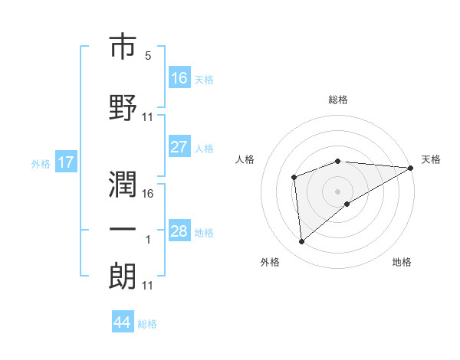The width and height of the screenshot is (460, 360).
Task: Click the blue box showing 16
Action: pyautogui.click(x=179, y=77)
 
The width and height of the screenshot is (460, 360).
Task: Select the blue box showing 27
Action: pyautogui.click(x=179, y=147)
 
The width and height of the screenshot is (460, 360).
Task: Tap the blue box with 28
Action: pyautogui.click(x=179, y=231)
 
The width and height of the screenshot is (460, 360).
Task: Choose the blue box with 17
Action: pyautogui.click(x=65, y=162)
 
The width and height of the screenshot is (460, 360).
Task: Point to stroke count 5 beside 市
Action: pyautogui.click(x=148, y=56)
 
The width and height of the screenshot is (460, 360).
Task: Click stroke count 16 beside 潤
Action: pyautogui.click(x=148, y=193)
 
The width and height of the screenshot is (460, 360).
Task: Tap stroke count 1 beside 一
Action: pyautogui.click(x=148, y=240)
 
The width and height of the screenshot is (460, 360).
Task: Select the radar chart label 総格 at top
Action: pyautogui.click(x=338, y=100)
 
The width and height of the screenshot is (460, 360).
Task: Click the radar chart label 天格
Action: pyautogui.click(x=431, y=159)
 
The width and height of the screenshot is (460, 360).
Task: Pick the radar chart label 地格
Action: pyautogui.click(x=402, y=262)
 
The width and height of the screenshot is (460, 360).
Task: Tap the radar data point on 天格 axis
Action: pyautogui.click(x=411, y=167)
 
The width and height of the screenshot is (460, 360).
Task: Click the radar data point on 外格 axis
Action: pyautogui.click(x=302, y=242)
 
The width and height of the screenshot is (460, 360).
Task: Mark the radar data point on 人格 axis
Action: pyautogui.click(x=294, y=177)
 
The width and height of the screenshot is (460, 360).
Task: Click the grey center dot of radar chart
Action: pyautogui.click(x=338, y=191)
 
